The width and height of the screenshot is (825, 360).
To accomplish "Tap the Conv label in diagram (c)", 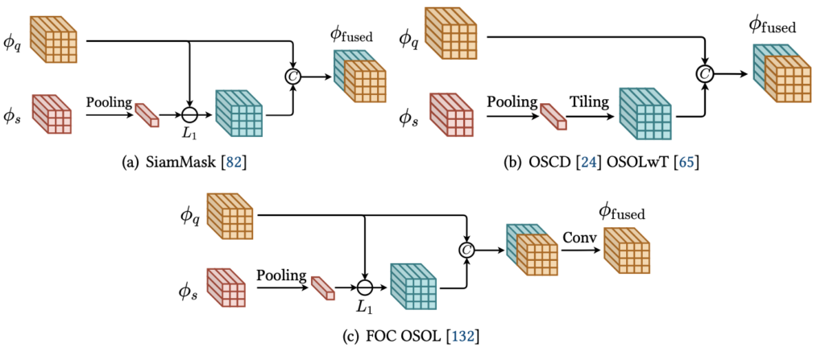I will (x=578, y=238).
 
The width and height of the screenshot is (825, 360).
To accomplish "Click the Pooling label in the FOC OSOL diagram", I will (x=282, y=275).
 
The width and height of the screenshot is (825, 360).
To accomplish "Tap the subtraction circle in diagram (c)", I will (x=365, y=288).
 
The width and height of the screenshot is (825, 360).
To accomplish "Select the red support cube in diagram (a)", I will (x=52, y=115).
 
